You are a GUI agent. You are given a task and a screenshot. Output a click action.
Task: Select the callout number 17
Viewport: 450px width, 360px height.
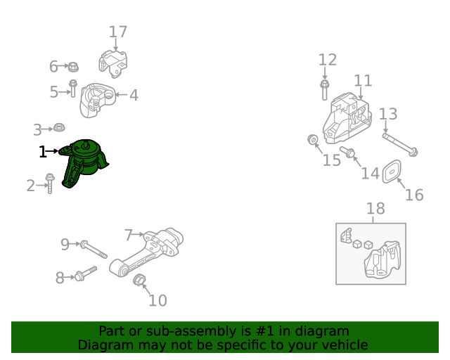(x=118, y=32)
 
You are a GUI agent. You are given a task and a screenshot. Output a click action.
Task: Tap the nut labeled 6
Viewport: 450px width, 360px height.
(x=73, y=67)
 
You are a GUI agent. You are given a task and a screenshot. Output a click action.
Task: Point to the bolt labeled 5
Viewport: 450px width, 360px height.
(x=72, y=89)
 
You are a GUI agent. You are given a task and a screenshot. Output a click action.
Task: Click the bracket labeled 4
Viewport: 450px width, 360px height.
(x=98, y=100)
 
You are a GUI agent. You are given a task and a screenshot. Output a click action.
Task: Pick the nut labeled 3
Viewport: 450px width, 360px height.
(x=60, y=129)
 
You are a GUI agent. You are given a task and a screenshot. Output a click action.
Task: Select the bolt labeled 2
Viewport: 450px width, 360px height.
(x=49, y=186)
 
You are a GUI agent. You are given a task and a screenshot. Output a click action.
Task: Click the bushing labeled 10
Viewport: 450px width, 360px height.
(x=139, y=282)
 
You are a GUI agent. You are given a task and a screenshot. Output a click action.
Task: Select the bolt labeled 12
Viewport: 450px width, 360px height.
(x=324, y=89)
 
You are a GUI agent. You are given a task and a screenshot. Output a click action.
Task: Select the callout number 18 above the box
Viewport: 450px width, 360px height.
(x=375, y=208)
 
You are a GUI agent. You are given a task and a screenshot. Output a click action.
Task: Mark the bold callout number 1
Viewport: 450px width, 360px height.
(x=43, y=151)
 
